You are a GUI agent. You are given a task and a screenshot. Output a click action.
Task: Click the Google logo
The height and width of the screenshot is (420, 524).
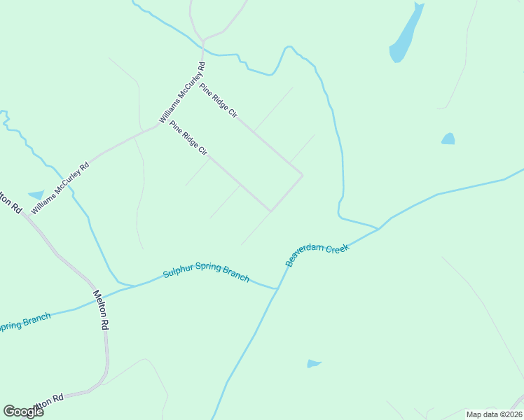[x=23, y=412]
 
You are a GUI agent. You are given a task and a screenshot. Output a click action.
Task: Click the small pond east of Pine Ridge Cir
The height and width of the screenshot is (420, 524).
[x=448, y=139]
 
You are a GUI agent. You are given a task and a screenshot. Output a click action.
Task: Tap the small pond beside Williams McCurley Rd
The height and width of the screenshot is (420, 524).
[x=36, y=195]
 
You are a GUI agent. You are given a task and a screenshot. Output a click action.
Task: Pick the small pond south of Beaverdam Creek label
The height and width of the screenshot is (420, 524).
[x=313, y=364]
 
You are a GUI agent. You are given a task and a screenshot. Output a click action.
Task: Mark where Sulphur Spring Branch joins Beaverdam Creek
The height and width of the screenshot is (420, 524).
[x=278, y=288]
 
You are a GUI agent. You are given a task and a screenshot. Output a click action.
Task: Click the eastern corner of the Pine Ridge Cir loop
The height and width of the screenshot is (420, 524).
[x=303, y=175]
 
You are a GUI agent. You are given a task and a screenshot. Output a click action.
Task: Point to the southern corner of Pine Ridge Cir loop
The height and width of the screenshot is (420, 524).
[x=270, y=211]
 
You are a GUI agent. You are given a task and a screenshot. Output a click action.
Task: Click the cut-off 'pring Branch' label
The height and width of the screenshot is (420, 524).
[x=25, y=323]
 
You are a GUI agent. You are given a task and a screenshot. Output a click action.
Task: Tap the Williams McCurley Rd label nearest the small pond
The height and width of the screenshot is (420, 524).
[x=60, y=188]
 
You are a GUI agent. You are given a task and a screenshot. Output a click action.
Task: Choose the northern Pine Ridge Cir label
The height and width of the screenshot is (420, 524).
[x=218, y=101]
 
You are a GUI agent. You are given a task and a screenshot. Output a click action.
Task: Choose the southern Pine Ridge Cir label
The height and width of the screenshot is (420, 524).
[x=188, y=139]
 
